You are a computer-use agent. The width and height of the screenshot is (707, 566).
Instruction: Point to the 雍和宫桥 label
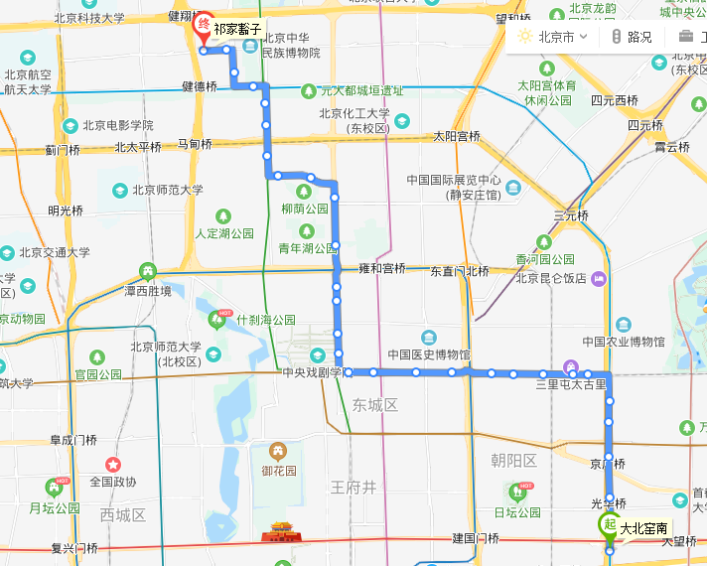pyautogui.click(x=381, y=268)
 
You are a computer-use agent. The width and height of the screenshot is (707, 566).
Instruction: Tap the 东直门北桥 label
pyautogui.click(x=460, y=270)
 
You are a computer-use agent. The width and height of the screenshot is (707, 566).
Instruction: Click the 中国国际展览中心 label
pyautogui.click(x=453, y=181)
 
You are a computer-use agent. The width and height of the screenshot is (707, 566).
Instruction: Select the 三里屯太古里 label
pyautogui.click(x=570, y=383)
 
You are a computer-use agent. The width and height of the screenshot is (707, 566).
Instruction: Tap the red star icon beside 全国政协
pyautogui.click(x=113, y=464)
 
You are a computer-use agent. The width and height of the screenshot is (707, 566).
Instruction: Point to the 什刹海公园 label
pyautogui.click(x=265, y=320)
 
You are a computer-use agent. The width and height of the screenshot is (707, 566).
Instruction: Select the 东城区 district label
pyautogui.click(x=374, y=405)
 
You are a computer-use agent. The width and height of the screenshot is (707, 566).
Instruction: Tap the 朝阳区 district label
pyautogui.click(x=513, y=460)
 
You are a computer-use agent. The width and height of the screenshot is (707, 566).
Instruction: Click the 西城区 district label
pyautogui.click(x=123, y=514)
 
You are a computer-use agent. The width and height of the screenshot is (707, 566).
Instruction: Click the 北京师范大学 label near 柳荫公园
pyautogui.click(x=166, y=189)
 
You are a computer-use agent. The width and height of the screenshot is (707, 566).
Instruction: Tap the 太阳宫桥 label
pyautogui.click(x=457, y=136)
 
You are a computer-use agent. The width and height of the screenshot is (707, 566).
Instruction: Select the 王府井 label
pyautogui.click(x=354, y=487)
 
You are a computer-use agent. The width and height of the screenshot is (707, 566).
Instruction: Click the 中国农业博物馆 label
pyautogui.click(x=622, y=342)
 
